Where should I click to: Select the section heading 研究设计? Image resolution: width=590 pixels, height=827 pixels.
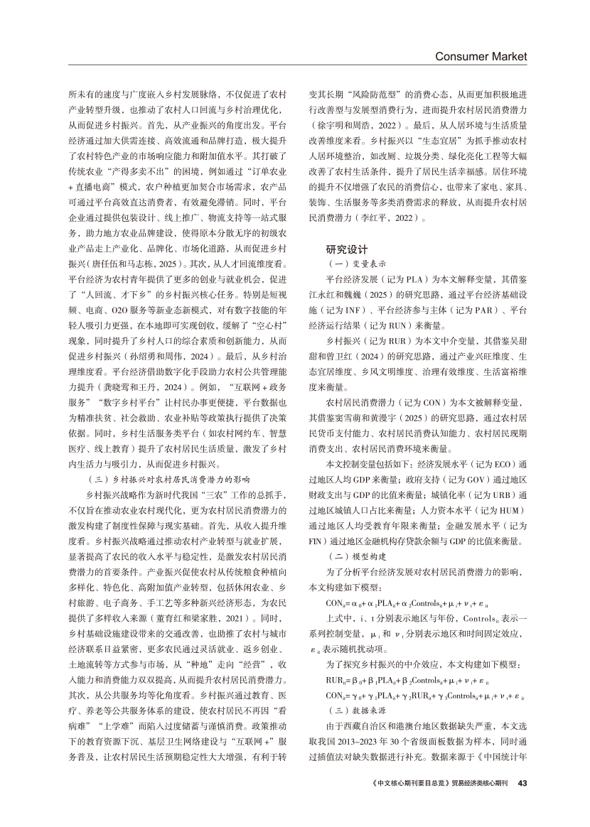coord(347,249)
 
